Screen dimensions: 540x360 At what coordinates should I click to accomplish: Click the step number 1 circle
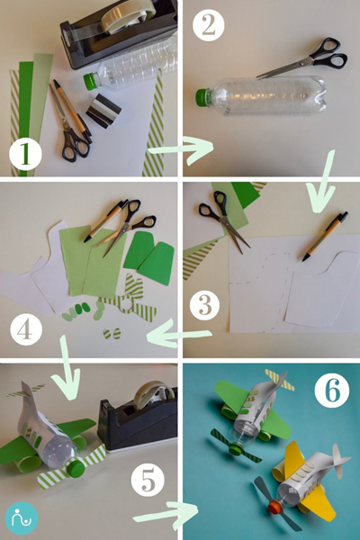click(26, 155)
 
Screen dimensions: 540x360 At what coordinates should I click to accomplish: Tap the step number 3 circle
click(207, 306)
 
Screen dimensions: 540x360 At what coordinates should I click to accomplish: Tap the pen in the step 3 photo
click(324, 236)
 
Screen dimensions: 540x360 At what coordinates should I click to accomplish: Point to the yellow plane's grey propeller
click(274, 508)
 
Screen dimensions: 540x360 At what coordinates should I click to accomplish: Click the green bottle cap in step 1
click(89, 81)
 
